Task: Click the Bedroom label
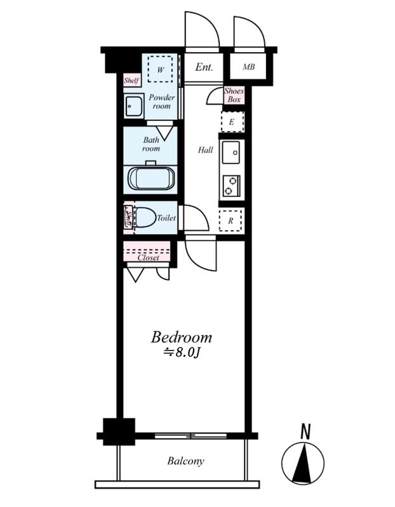(181, 337)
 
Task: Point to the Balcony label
(185, 461)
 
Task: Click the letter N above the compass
(305, 432)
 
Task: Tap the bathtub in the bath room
(151, 178)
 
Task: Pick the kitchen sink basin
(231, 152)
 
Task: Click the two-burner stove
(231, 186)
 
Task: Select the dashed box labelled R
(231, 221)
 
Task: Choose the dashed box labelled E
(232, 122)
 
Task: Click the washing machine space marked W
(160, 70)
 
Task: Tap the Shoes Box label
(234, 95)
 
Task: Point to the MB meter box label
(248, 67)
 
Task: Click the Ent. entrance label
(204, 67)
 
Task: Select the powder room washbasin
(133, 105)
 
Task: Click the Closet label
(149, 258)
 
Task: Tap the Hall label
(206, 150)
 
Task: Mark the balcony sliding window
(191, 436)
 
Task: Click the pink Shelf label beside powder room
(131, 80)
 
